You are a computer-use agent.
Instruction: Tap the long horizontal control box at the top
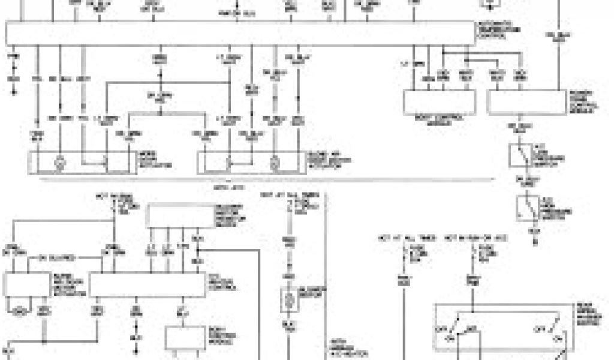pyautogui.click(x=240, y=33)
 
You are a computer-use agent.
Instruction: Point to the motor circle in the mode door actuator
pyautogui.click(x=59, y=162)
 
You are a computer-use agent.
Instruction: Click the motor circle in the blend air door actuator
pyautogui.click(x=275, y=162)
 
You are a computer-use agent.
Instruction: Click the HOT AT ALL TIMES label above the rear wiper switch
pyautogui.click(x=395, y=239)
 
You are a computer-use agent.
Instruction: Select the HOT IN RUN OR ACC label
pyautogui.click(x=476, y=239)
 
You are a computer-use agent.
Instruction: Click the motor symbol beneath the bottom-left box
pyautogui.click(x=20, y=311)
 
